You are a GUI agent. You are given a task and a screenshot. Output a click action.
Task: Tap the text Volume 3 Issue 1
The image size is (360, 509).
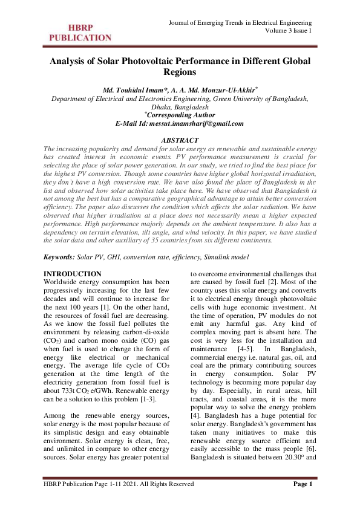pyautogui.click(x=289, y=31)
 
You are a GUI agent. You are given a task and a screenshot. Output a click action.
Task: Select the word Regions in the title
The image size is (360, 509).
pyautogui.click(x=180, y=73)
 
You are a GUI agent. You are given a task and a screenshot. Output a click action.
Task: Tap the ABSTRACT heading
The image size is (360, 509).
pyautogui.click(x=180, y=140)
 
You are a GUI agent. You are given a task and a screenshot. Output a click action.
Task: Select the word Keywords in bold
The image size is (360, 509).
pyautogui.click(x=59, y=258)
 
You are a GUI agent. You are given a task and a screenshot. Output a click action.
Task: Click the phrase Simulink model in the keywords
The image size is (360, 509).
pyautogui.click(x=227, y=258)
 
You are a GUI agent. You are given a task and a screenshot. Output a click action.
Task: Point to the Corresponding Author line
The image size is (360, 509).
pyautogui.click(x=181, y=115)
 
